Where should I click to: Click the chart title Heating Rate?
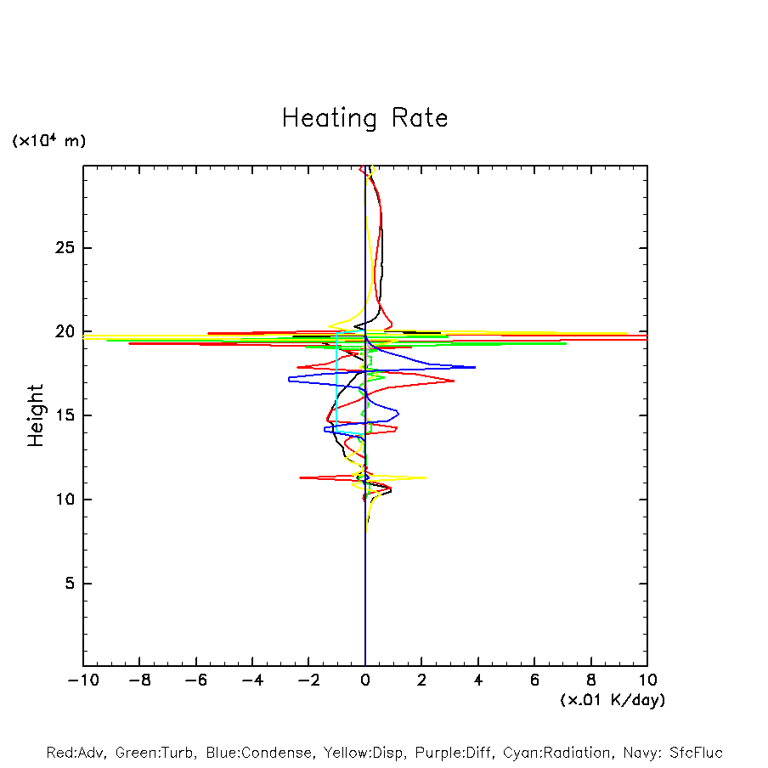tap(364, 118)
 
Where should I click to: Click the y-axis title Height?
tap(36, 415)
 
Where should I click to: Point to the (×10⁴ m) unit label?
tap(48, 141)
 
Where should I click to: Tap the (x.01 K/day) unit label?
tap(612, 700)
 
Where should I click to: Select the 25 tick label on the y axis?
tap(56, 248)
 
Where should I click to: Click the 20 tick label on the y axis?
tap(56, 331)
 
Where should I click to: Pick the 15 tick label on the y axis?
tap(56, 415)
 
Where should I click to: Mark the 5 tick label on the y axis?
tap(61, 584)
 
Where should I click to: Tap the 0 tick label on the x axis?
tap(365, 680)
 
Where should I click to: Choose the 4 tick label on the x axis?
tap(478, 680)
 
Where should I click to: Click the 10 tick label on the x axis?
tap(647, 680)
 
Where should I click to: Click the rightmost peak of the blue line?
tap(475, 367)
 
